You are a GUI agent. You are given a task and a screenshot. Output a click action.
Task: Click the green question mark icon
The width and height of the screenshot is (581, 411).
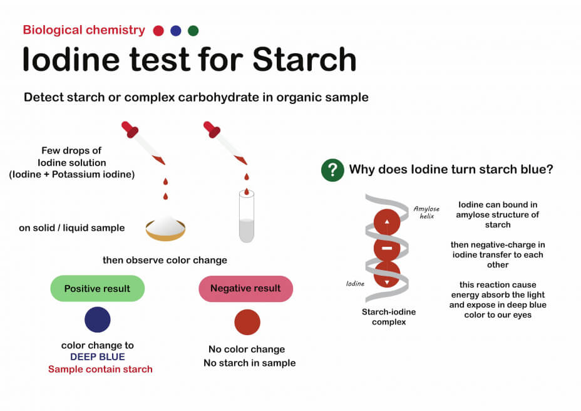click(332, 170)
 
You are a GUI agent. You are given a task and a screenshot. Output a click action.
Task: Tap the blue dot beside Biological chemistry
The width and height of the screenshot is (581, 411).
click(176, 31)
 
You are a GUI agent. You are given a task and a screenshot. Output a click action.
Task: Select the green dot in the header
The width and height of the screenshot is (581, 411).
click(193, 31)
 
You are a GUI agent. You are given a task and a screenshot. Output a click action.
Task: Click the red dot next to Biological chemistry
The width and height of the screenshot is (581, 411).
click(158, 31)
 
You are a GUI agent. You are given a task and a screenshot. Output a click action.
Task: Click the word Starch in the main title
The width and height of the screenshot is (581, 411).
click(304, 60)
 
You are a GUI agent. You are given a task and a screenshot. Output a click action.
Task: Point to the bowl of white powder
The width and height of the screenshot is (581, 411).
click(165, 229)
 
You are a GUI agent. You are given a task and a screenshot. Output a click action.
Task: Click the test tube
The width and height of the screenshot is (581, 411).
click(247, 216)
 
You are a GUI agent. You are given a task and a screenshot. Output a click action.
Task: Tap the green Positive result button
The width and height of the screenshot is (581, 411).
click(98, 288)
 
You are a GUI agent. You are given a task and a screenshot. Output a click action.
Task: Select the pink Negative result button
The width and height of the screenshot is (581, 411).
click(245, 288)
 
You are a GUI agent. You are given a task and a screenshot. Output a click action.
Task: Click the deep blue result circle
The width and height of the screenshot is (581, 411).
click(98, 320)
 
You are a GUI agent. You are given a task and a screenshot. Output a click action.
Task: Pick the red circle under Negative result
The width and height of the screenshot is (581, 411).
click(247, 322)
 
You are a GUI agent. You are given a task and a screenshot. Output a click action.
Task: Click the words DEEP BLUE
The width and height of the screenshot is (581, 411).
click(98, 357)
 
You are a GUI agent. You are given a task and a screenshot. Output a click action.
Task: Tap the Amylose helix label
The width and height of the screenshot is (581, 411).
click(426, 212)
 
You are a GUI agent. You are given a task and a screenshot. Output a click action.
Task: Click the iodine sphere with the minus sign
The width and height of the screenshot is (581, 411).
click(387, 248)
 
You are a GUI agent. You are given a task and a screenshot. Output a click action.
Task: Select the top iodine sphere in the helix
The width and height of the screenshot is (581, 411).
click(387, 222)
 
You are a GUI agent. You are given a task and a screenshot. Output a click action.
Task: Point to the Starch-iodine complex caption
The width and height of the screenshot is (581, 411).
click(389, 317)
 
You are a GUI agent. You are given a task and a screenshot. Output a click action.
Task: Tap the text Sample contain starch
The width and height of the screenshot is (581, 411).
click(100, 369)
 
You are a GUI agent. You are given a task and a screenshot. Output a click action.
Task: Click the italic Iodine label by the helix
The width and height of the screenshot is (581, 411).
click(355, 284)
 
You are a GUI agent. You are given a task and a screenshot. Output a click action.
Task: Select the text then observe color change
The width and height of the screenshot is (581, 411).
click(165, 260)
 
